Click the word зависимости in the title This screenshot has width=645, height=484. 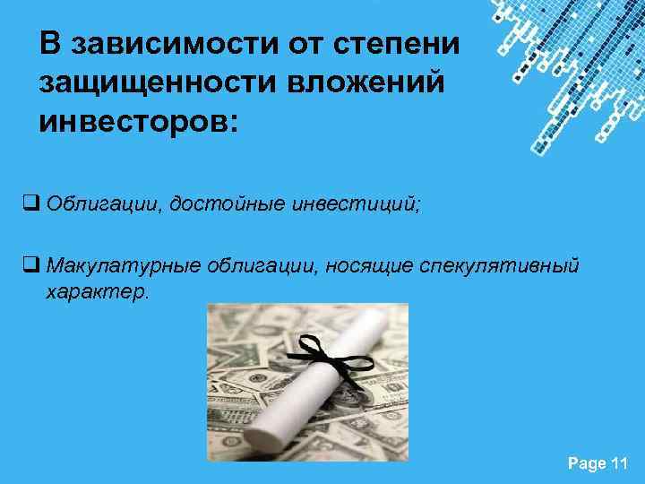click(161, 45)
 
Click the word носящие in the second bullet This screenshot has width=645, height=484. click(353, 266)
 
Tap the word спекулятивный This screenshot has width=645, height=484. click(489, 266)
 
